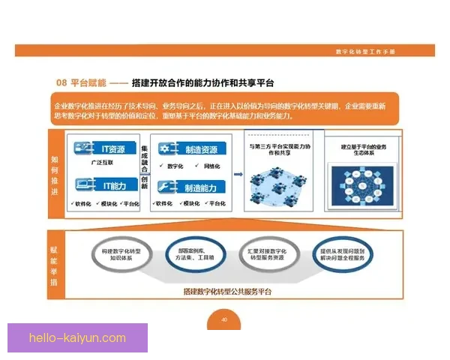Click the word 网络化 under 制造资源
[x=211, y=166]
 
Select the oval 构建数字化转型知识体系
[x=121, y=254]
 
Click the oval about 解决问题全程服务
[x=342, y=254]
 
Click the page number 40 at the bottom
[x=223, y=320]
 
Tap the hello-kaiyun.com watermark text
[x=77, y=338]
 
